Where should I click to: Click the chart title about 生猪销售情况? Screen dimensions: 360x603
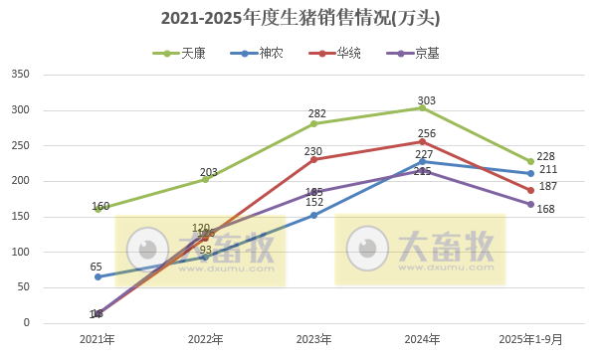[301, 18]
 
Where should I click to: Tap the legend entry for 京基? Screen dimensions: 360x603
[425, 53]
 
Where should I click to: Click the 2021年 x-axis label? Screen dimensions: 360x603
[98, 339]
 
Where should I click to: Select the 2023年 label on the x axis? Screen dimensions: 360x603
[313, 339]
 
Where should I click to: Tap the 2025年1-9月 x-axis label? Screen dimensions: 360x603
[530, 339]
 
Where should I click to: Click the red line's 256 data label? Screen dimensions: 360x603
[427, 133]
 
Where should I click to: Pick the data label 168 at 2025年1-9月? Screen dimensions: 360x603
[545, 209]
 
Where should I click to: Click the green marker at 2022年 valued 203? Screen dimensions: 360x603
[205, 179]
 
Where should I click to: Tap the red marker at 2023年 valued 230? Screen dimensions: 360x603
[313, 159]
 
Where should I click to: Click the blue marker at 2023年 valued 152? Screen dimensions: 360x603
[313, 215]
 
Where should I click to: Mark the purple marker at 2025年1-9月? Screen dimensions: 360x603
[530, 204]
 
